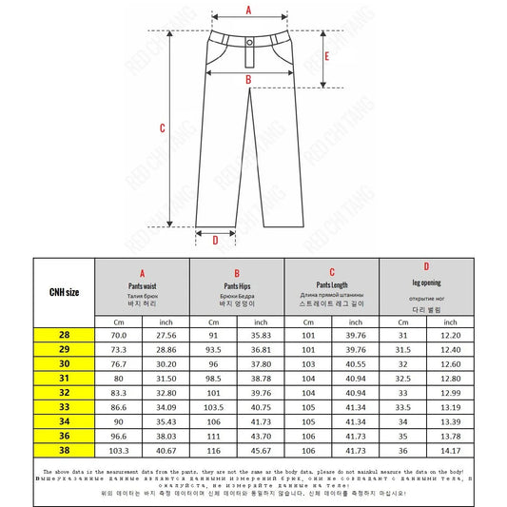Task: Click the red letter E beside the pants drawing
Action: click(327, 56)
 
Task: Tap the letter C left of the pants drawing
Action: click(163, 128)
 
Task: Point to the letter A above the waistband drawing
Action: click(248, 10)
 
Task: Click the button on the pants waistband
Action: click(249, 43)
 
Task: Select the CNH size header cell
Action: click(64, 291)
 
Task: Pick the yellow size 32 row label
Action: click(64, 393)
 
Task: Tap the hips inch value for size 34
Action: click(261, 420)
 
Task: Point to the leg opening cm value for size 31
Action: click(402, 379)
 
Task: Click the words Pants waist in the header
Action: click(142, 285)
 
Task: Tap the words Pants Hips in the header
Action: click(236, 285)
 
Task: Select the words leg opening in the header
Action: click(426, 283)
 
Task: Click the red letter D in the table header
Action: click(426, 266)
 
